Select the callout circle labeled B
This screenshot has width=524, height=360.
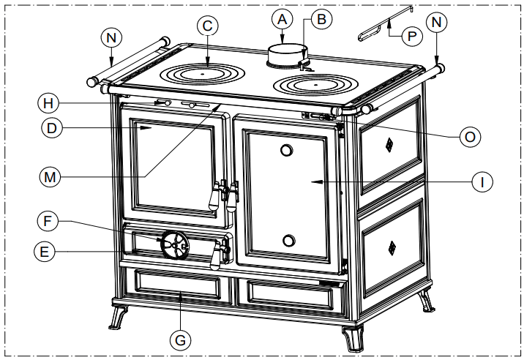[x=318, y=19]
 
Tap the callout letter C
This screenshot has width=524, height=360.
[x=208, y=26]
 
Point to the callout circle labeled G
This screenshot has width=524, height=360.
[x=181, y=340]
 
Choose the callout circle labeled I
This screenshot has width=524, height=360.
[x=482, y=181]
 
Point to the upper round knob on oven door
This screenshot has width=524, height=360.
[x=286, y=151]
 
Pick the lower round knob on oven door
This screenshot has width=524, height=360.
[x=289, y=241]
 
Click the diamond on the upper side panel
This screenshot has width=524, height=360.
[x=388, y=143]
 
